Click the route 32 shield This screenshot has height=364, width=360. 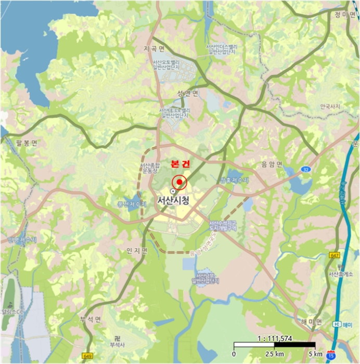pos(305,169)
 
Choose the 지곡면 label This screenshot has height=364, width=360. pos(154,49)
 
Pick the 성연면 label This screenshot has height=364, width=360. pos(188,94)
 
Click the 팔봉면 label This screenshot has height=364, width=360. pos(27,144)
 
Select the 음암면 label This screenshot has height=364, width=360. pos(272,164)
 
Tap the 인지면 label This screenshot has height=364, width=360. pos(137,251)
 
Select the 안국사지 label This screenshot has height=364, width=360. pos(330,107)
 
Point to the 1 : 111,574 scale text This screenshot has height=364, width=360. pos(275,338)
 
